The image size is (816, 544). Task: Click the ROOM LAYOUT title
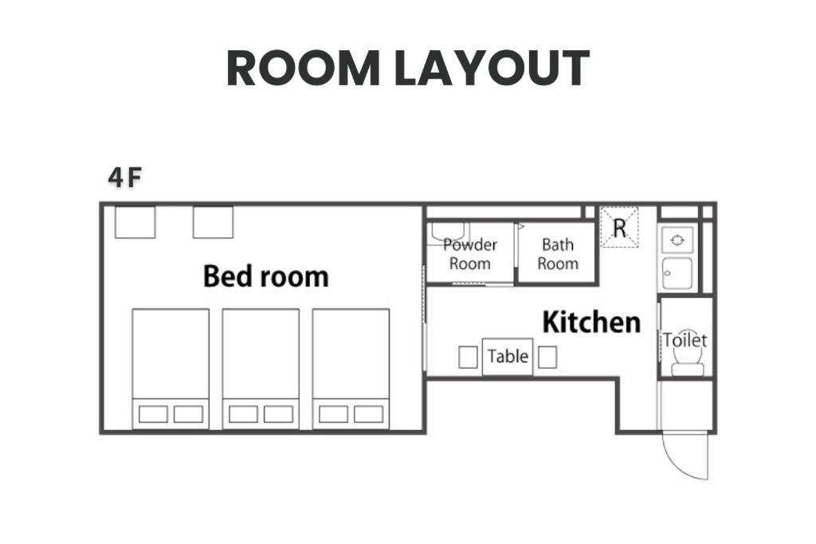pyautogui.click(x=407, y=68)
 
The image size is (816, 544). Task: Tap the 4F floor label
pyautogui.click(x=125, y=178)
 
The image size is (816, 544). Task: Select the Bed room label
pyautogui.click(x=266, y=276)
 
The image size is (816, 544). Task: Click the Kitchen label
pyautogui.click(x=591, y=322)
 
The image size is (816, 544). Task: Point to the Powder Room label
pyautogui.click(x=470, y=254)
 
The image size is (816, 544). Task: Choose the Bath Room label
pyautogui.click(x=557, y=254)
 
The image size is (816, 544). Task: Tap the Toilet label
pyautogui.click(x=685, y=340)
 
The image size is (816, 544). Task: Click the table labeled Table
pyautogui.click(x=508, y=357)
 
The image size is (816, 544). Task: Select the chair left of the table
pyautogui.click(x=468, y=358)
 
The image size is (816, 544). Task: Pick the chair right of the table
pyautogui.click(x=547, y=358)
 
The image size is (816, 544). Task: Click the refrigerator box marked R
pyautogui.click(x=619, y=227)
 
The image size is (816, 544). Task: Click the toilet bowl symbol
pyautogui.click(x=688, y=359)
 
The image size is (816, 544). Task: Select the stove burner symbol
pyautogui.click(x=677, y=241)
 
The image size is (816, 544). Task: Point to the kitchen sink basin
pyautogui.click(x=677, y=273)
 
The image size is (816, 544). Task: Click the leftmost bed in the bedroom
pyautogui.click(x=171, y=369)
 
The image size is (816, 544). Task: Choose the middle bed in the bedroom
pyautogui.click(x=261, y=369)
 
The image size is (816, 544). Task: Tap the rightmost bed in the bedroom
pyautogui.click(x=351, y=369)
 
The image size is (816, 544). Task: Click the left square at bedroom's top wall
pyautogui.click(x=135, y=222)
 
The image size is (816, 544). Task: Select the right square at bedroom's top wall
pyautogui.click(x=213, y=222)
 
